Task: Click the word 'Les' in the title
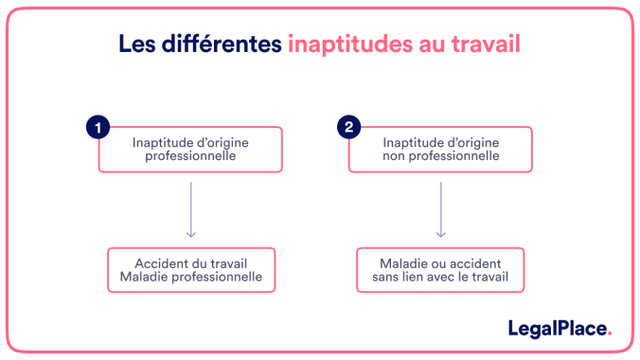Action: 136,45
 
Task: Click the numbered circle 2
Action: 347,127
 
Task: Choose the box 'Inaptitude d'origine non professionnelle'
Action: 441,150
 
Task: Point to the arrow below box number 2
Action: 441,208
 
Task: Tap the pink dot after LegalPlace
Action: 610,333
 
